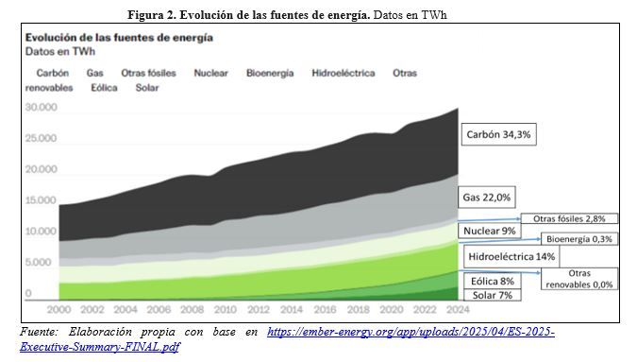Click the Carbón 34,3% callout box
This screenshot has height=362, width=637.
point(498,134)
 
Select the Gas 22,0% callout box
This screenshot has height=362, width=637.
point(487,198)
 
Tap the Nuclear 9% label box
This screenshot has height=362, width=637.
point(489,231)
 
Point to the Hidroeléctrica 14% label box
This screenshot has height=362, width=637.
point(511,256)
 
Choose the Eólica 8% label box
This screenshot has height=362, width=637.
point(493,281)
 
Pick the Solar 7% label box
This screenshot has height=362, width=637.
point(493,295)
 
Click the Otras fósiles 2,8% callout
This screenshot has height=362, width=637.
point(569,218)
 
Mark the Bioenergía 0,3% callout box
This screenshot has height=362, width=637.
point(578,239)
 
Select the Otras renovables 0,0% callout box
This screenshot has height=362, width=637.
point(578,279)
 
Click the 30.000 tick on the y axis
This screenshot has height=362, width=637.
point(41,107)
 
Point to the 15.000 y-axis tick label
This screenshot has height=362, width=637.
point(41,200)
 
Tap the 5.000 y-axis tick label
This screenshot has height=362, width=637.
point(38,262)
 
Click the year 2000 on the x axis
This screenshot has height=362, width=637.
point(59,309)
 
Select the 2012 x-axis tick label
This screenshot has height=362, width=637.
point(259,309)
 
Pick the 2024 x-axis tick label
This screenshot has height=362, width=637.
point(458,309)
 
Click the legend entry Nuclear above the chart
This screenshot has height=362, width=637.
point(210,73)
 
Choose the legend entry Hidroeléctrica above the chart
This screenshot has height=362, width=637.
point(344,73)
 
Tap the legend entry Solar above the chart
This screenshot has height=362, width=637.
point(147,88)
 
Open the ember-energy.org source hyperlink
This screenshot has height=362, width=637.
point(411,332)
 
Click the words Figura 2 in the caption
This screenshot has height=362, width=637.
point(151,15)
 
